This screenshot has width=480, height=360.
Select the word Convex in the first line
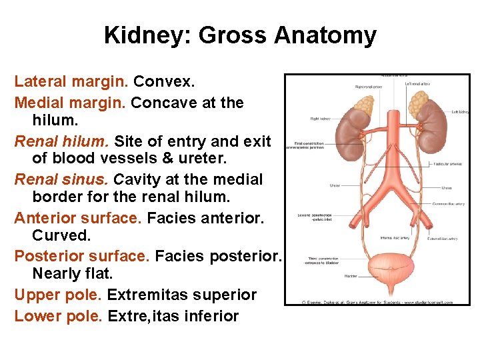click(163, 82)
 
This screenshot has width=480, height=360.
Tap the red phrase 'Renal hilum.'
click(61, 141)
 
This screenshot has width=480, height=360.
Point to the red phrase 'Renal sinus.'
click(62, 179)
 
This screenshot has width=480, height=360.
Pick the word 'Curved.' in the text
click(61, 237)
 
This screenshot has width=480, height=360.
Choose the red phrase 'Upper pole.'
click(57, 295)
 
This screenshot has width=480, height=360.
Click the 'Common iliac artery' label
click(449, 203)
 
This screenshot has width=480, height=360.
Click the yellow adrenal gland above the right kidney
click(363, 105)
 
